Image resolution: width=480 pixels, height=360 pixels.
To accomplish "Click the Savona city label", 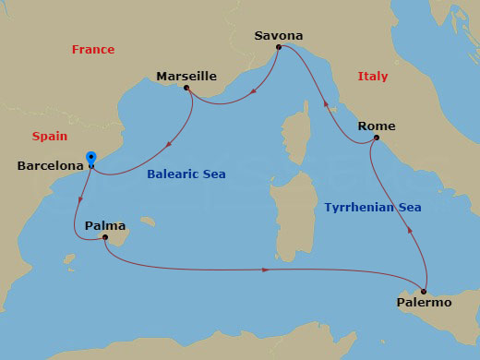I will (278, 35).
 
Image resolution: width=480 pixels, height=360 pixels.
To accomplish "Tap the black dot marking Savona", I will (279, 46).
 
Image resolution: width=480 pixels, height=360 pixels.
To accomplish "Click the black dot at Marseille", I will (187, 89).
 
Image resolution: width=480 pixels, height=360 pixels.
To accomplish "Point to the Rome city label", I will (377, 126).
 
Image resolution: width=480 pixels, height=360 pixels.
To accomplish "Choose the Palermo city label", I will (424, 302).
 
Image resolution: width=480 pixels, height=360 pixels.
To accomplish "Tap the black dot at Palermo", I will (425, 289).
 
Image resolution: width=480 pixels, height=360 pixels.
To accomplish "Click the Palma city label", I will (103, 225).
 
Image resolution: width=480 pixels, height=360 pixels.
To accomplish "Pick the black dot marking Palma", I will (104, 237).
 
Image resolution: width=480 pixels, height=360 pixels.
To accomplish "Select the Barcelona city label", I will (50, 166).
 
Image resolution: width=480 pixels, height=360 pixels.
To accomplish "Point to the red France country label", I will (92, 50).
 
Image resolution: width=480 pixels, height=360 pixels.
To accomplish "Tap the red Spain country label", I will (50, 136).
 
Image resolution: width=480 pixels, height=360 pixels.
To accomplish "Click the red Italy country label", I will (372, 76).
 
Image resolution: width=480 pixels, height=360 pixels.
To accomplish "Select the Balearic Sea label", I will (186, 174).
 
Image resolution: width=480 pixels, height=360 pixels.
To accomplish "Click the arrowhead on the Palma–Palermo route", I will (266, 270).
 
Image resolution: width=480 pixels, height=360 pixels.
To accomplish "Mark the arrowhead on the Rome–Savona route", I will (324, 107).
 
